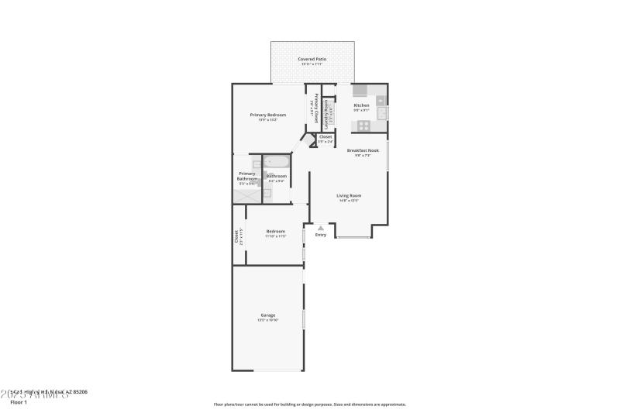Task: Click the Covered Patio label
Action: coord(312,59)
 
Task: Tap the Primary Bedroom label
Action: coord(263,115)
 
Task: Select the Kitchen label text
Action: coord(361,105)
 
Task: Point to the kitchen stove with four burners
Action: coord(364,126)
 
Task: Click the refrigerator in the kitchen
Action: coord(359,89)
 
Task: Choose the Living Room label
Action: coord(349,195)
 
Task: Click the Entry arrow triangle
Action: coord(320,228)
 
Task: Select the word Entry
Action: coord(321,235)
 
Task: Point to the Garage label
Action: coord(267,315)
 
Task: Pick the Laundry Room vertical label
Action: coord(327,113)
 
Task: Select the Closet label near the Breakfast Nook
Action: coord(325,137)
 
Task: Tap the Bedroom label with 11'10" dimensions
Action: coord(276,231)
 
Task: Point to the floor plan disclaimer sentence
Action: coord(310,404)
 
